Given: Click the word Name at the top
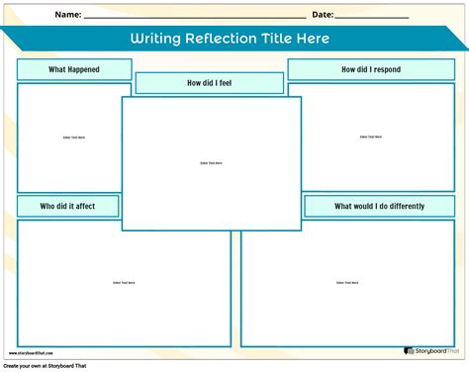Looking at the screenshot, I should [67, 15].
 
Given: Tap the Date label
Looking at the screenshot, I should [323, 15].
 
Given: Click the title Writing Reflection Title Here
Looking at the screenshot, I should [229, 40].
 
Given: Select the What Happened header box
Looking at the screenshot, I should [74, 69].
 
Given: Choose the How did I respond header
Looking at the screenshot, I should [371, 69].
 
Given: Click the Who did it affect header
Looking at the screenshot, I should [68, 206].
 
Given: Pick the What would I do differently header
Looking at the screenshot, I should [379, 206].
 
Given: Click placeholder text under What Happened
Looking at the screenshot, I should [74, 138].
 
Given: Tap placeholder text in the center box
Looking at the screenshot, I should [211, 163].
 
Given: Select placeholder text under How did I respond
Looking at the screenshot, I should [371, 138].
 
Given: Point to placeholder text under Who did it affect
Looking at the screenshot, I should [124, 283].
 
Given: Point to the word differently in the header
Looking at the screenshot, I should [405, 206].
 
